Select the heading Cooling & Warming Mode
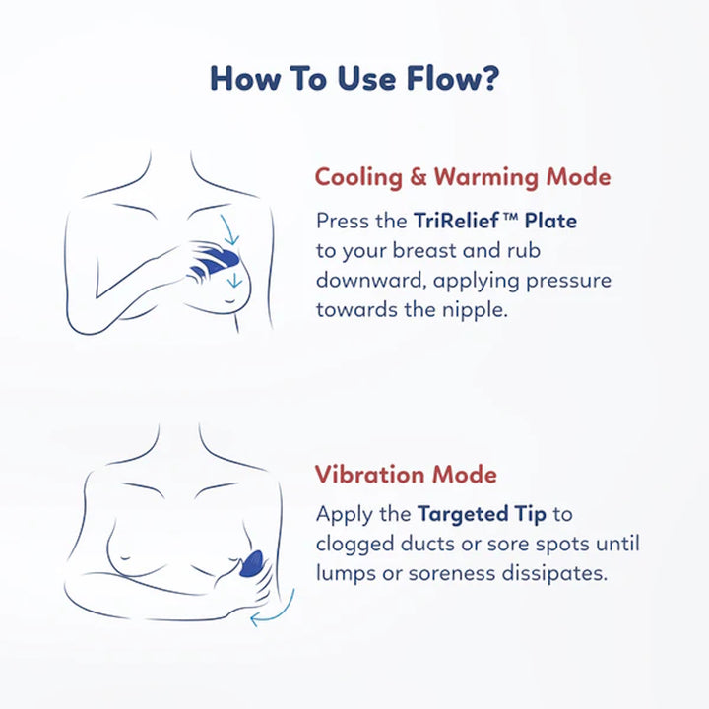pos(463,177)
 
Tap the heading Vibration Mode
pos(406,475)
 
